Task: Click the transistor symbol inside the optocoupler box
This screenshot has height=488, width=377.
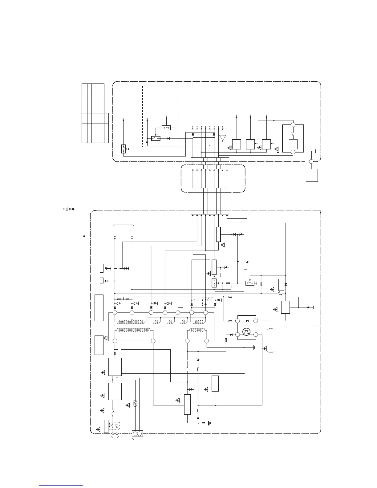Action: tap(246, 332)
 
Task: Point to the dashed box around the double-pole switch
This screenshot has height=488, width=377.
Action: tap(115, 425)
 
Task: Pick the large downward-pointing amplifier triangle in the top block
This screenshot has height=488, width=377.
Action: tap(223, 138)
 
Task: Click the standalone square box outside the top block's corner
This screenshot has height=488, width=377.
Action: tap(312, 175)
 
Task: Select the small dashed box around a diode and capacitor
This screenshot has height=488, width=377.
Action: tap(208, 302)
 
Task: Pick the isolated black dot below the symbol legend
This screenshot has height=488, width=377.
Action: tap(84, 236)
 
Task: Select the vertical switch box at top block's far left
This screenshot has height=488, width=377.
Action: tap(123, 149)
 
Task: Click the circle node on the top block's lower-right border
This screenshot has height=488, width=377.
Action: tap(311, 161)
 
